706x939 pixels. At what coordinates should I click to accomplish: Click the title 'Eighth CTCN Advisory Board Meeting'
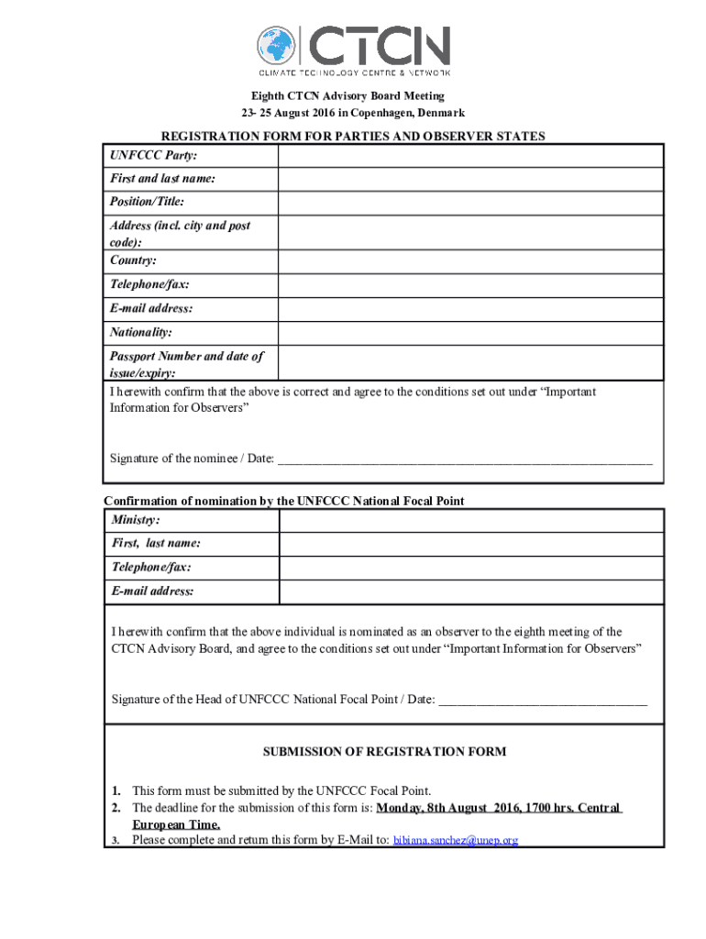point(348,95)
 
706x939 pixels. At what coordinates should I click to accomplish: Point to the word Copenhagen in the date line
point(375,113)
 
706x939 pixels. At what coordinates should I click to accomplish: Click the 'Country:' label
point(133,261)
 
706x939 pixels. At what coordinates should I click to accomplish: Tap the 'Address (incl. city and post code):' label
point(180,233)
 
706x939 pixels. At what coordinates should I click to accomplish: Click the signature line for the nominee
point(465,459)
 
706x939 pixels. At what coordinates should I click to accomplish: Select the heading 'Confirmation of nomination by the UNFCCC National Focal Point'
point(284,501)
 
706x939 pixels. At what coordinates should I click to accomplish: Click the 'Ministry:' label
point(136,521)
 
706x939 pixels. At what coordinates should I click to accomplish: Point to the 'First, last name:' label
point(156,544)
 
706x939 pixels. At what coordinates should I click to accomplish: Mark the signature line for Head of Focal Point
point(543,701)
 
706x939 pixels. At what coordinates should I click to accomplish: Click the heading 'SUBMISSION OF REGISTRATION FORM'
point(384,752)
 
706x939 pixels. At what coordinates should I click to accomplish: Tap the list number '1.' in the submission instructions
point(116,790)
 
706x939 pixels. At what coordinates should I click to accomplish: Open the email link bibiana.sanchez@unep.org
point(455,840)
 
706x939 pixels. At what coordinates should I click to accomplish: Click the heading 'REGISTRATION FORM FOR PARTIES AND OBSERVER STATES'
point(353,136)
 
